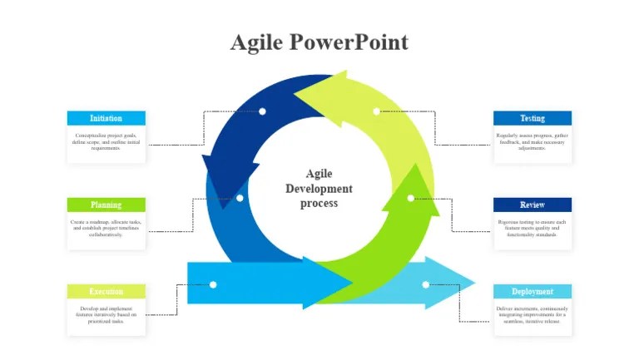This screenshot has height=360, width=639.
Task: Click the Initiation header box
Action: tap(106, 118)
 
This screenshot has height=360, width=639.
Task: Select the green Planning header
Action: tap(106, 205)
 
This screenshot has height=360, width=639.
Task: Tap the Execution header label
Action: tap(106, 292)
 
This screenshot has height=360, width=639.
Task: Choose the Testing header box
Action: tap(532, 118)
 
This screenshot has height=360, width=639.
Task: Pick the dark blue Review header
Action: tap(532, 205)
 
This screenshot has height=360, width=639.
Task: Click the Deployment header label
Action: tap(532, 292)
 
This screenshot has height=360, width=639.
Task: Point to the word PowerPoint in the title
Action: tap(349, 42)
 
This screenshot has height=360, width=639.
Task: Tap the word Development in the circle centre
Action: tap(319, 189)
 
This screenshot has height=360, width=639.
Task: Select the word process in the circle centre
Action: tap(319, 204)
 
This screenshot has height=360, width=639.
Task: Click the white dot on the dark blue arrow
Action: tap(262, 111)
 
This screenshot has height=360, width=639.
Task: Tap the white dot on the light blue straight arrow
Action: tap(213, 284)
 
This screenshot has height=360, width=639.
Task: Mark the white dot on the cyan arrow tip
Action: tap(425, 284)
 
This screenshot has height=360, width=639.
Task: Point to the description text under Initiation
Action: tap(106, 141)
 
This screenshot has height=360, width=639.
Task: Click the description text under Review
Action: tap(532, 229)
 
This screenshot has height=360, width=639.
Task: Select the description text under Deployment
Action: tap(532, 315)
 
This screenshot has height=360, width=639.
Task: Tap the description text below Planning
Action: tap(106, 229)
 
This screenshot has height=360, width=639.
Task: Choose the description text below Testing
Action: tap(532, 141)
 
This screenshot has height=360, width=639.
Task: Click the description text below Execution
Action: tap(106, 314)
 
